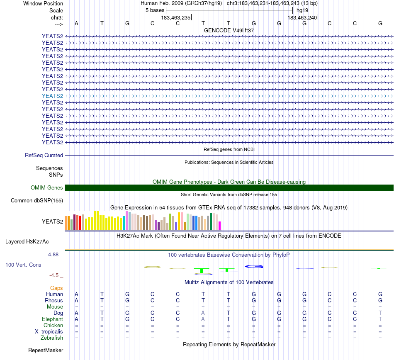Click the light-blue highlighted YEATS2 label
tap(52, 96)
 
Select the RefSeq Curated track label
tap(44, 156)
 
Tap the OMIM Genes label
tap(47, 188)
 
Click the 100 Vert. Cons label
tap(23, 265)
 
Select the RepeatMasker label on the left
tap(46, 350)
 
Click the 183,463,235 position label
tap(176, 17)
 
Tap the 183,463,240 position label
tap(302, 17)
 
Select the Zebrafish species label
tap(52, 338)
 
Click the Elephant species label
tap(52, 319)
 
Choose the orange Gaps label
tap(56, 288)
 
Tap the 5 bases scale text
tap(155, 10)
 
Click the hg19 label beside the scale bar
tap(302, 10)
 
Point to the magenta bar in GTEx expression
tap(219, 226)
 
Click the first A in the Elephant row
tap(76, 319)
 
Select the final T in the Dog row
tap(380, 313)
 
